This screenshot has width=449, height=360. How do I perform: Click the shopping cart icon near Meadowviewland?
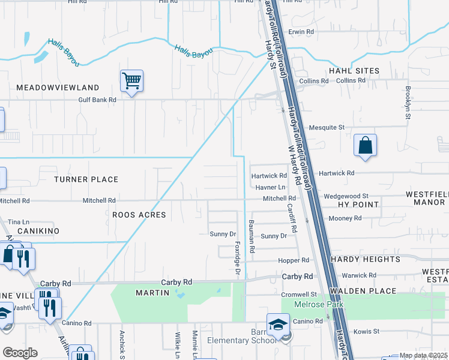click(131, 80)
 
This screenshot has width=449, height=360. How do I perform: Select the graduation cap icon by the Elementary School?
click(278, 325)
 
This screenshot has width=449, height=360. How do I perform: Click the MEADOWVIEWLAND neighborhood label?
click(58, 88)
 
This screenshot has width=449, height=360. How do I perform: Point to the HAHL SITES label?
click(354, 71)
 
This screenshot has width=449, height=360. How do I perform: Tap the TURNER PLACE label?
click(86, 179)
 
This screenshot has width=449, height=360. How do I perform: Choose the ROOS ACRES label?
click(139, 214)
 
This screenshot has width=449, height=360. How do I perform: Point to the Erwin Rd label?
click(301, 31)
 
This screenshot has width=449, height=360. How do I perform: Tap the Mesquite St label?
click(327, 127)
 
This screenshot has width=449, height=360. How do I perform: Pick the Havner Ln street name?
click(270, 187)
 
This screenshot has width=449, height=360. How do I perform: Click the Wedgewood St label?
click(345, 196)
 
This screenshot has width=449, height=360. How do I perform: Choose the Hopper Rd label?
click(293, 260)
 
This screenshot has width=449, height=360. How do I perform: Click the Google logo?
click(20, 352)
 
